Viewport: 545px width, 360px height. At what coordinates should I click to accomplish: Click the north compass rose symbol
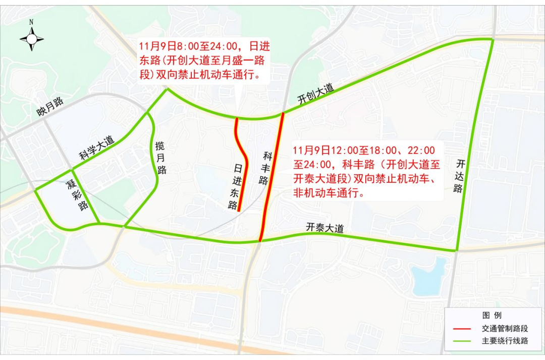(x=32, y=37)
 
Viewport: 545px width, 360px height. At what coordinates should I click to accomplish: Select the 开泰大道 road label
(x=324, y=228)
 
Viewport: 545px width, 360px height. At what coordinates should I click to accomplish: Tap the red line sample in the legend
(x=462, y=328)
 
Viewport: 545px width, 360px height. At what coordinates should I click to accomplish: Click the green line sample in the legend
(x=462, y=341)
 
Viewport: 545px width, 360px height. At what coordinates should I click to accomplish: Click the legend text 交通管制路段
(x=505, y=328)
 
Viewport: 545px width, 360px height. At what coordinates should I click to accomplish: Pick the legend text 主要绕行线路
(x=505, y=341)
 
